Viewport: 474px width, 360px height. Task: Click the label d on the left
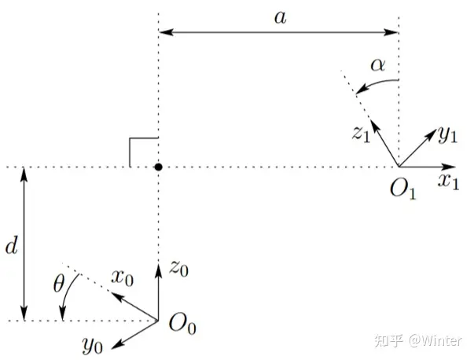coord(11,247)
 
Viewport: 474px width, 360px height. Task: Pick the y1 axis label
coord(447,135)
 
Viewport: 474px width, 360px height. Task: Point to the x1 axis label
coord(449,182)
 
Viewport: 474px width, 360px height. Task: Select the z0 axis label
coord(179,270)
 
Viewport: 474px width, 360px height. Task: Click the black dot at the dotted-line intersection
coord(158,167)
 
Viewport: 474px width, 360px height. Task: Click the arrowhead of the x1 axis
coord(451,167)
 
